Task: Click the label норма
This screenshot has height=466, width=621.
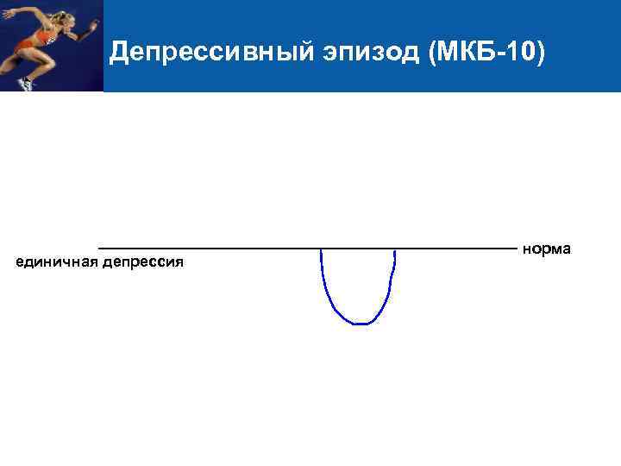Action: (x=546, y=249)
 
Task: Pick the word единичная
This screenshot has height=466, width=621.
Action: (x=57, y=261)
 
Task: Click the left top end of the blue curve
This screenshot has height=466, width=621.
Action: (x=321, y=250)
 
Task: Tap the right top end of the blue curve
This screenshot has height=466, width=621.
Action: (x=394, y=251)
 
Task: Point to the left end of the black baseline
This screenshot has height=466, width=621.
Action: (x=100, y=248)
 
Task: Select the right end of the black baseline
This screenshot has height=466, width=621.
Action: (x=516, y=248)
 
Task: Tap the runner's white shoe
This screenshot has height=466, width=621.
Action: (x=26, y=84)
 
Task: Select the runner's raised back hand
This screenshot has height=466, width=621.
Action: (x=6, y=13)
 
